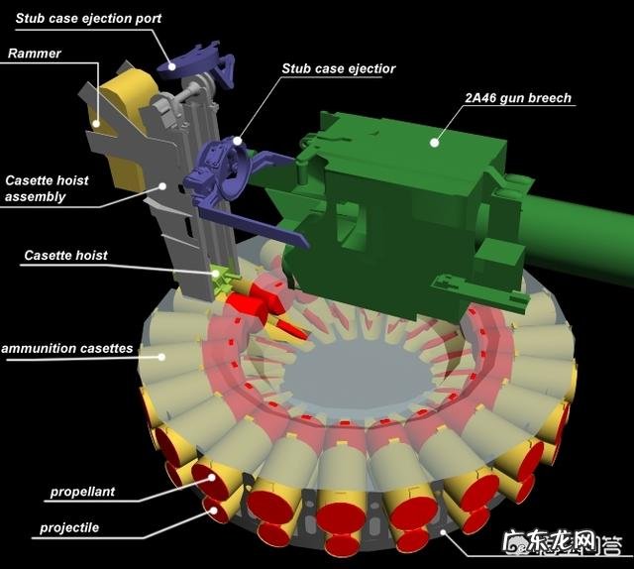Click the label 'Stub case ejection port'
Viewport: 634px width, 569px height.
click(88, 19)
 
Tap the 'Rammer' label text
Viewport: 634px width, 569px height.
click(35, 53)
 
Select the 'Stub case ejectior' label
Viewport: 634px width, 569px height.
click(339, 68)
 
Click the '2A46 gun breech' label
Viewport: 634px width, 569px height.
click(518, 98)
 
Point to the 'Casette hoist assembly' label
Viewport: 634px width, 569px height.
click(47, 188)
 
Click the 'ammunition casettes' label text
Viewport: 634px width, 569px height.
click(67, 349)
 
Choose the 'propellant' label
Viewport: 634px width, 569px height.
click(82, 492)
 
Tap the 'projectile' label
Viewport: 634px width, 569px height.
click(69, 527)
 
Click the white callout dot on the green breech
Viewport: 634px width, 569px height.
click(434, 143)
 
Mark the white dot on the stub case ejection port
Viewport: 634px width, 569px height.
click(171, 66)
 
